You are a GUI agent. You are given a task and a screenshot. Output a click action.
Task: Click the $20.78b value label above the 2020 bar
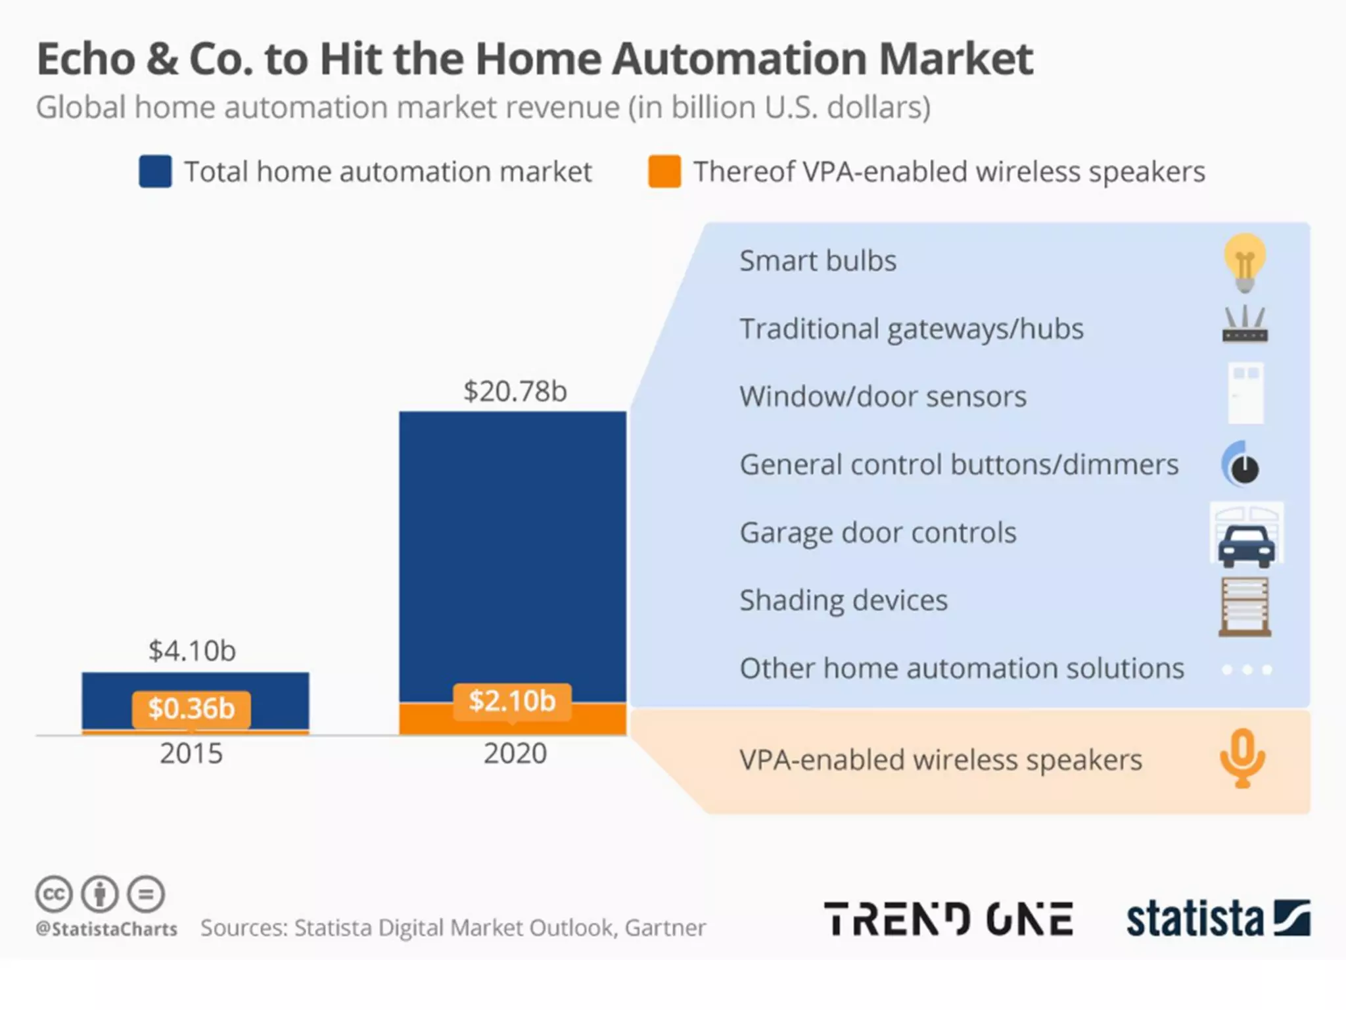tap(515, 391)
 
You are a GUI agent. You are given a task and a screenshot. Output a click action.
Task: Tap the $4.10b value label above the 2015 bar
tap(192, 651)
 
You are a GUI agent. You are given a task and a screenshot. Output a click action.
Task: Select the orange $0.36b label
tap(191, 709)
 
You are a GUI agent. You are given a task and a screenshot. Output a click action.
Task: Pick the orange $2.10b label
tap(512, 701)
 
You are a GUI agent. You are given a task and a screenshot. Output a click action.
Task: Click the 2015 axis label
tap(191, 754)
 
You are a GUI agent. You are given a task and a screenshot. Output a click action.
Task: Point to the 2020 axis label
tap(515, 754)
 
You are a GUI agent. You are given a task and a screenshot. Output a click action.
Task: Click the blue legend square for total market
tap(155, 172)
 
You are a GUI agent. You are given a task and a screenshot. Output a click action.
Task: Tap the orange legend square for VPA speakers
tap(664, 172)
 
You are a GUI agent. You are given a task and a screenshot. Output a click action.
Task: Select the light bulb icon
tap(1244, 262)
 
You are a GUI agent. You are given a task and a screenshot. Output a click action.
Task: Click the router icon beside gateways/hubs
tap(1245, 325)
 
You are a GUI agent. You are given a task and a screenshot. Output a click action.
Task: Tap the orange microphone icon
tap(1242, 758)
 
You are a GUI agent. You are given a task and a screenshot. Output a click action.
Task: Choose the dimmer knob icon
tap(1242, 465)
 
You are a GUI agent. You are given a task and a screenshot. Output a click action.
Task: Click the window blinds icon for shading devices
tap(1245, 606)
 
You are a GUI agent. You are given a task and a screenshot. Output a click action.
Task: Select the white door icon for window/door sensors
tap(1245, 393)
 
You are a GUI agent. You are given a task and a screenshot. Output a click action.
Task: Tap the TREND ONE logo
tap(948, 919)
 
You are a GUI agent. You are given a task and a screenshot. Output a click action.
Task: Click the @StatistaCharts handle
tap(106, 929)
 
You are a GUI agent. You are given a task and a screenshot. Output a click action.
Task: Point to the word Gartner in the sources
tap(665, 928)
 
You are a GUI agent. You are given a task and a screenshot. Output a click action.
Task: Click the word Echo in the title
tap(86, 59)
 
